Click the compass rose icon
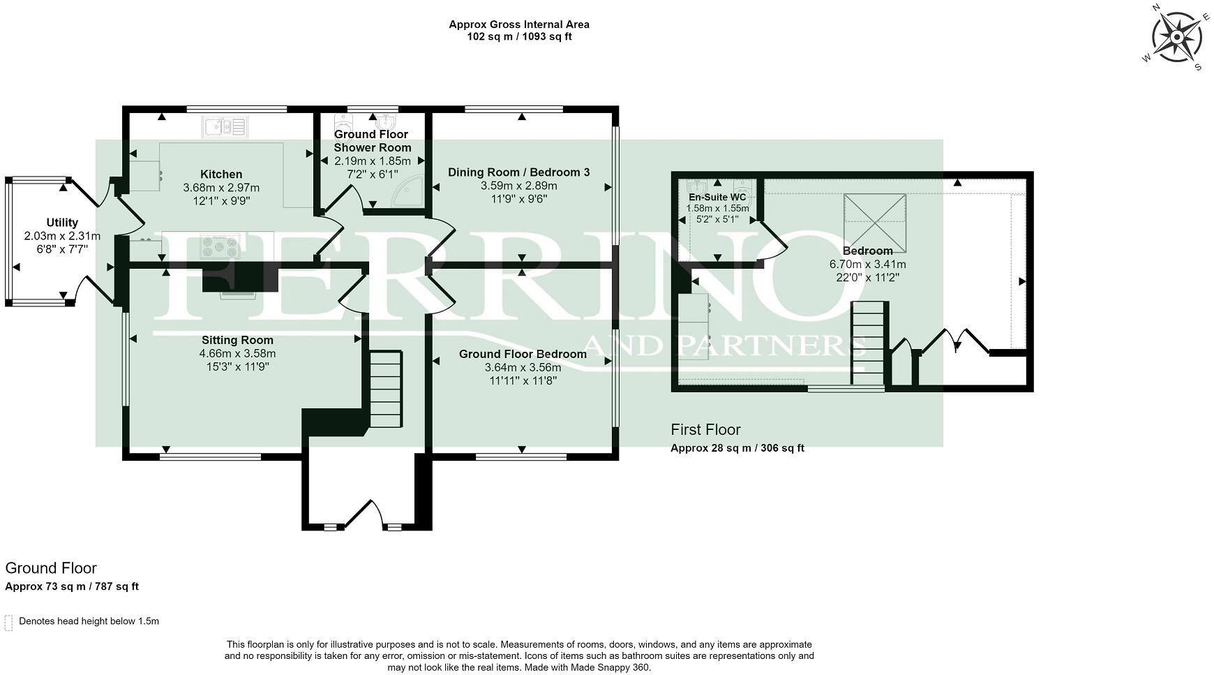(x=1177, y=36)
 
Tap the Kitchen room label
(x=221, y=175)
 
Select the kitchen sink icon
(x=225, y=126)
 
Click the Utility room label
(x=62, y=223)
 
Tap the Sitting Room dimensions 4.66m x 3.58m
(x=237, y=353)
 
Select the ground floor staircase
(x=385, y=389)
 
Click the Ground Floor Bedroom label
(x=523, y=355)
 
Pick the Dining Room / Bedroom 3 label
(x=519, y=172)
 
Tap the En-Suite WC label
(x=717, y=198)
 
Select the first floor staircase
(x=869, y=343)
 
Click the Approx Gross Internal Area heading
(x=519, y=24)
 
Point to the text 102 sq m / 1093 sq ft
(x=519, y=37)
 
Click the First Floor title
(x=705, y=430)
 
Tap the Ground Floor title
(x=51, y=568)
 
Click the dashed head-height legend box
(x=8, y=622)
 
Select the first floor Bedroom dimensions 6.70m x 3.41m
(x=867, y=265)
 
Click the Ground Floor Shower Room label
(x=372, y=141)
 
